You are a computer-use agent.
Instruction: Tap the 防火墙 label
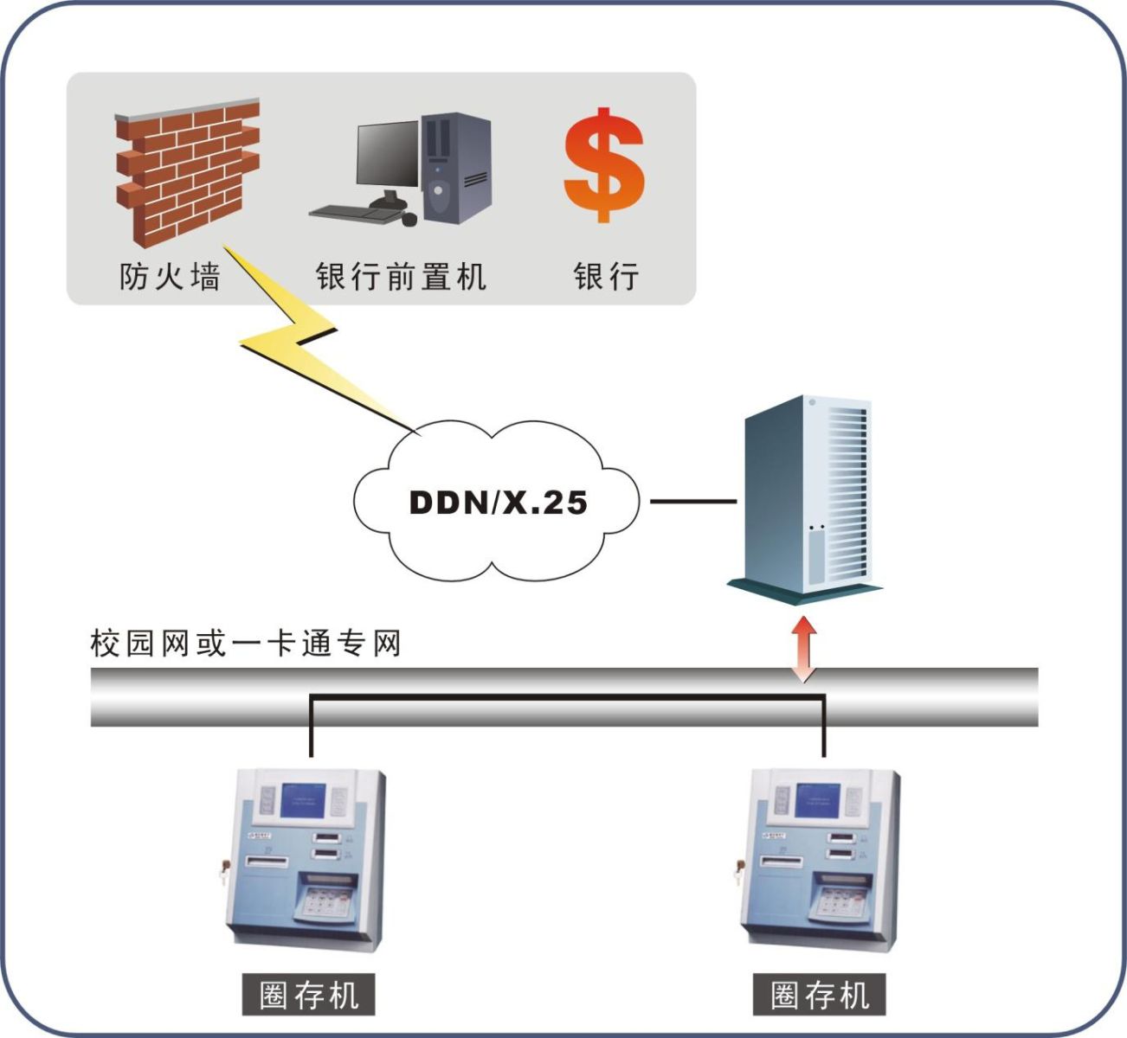(x=170, y=277)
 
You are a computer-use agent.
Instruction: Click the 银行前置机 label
(x=401, y=277)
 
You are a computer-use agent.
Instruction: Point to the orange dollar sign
(x=604, y=164)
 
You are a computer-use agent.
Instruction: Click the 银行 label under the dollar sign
(x=606, y=277)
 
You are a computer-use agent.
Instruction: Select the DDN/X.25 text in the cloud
(x=498, y=503)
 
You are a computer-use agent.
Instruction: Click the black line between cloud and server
(x=692, y=501)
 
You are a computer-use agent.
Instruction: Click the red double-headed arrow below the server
(x=806, y=649)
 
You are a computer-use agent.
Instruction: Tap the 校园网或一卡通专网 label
(x=246, y=644)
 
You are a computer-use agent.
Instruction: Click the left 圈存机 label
(x=309, y=995)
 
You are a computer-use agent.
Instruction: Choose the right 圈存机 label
(x=820, y=995)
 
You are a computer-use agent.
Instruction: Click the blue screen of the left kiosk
(x=303, y=800)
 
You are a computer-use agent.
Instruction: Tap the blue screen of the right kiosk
(x=817, y=800)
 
